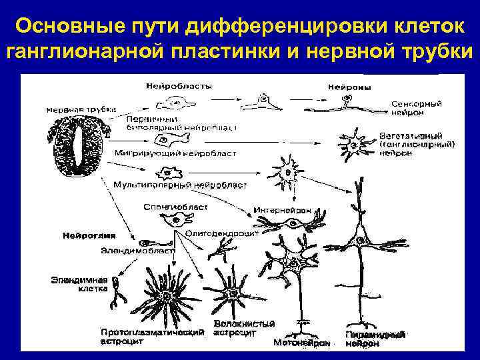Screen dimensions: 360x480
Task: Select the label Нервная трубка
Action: click(81, 108)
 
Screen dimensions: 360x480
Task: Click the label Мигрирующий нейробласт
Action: click(175, 153)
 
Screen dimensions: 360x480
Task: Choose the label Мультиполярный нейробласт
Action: click(181, 184)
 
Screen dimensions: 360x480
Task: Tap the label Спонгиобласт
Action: click(175, 207)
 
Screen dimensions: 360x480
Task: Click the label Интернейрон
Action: click(282, 210)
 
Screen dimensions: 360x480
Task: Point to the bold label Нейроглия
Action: click(89, 235)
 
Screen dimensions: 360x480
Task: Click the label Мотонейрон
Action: click(302, 343)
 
